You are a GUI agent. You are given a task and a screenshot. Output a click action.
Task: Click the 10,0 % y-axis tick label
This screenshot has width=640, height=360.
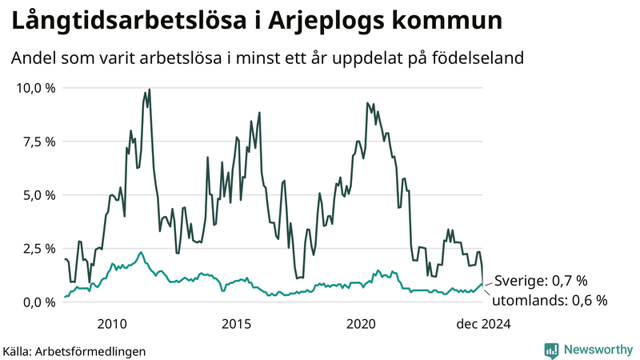tap(35, 88)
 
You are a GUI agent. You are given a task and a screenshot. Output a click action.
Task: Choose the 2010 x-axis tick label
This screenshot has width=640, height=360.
tap(112, 323)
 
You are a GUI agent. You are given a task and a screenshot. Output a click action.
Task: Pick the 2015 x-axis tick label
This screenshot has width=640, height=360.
tap(237, 323)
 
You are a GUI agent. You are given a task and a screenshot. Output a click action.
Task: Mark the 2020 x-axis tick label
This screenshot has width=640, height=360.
tap(362, 323)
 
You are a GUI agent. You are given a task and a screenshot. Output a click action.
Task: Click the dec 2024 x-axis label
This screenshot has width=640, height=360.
tap(482, 323)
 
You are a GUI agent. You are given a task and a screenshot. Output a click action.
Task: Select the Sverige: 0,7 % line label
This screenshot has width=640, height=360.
tap(541, 281)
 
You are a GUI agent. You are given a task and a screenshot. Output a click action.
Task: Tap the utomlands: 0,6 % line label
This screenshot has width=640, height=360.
tap(549, 301)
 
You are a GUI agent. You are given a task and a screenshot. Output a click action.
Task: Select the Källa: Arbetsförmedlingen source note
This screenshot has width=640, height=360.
tap(74, 350)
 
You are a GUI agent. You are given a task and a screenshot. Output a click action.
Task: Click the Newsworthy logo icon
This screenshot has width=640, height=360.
tap(552, 350)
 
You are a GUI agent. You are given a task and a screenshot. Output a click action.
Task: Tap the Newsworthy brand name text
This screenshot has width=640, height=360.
tap(598, 350)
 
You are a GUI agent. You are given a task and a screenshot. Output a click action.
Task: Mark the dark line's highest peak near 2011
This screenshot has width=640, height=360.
tap(150, 90)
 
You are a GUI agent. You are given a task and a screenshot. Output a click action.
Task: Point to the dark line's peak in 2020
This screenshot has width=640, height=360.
tap(367, 103)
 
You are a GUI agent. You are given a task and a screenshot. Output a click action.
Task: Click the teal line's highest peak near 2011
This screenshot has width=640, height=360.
tap(141, 252)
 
